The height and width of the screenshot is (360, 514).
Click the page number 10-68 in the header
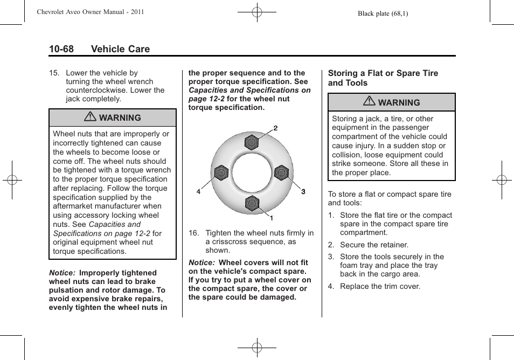[x=61, y=49]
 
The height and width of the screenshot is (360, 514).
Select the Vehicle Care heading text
[x=120, y=49]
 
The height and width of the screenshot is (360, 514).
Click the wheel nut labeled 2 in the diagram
[x=252, y=143]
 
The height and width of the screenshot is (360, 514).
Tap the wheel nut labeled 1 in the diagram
[x=252, y=204]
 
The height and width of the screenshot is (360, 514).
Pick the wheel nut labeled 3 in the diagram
[x=282, y=173]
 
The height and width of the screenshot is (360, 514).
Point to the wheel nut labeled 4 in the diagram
[x=221, y=173]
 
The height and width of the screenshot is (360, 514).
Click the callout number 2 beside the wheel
[x=275, y=128]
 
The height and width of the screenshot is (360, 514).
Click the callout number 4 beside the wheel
[x=198, y=192]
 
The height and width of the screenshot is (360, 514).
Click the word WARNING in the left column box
[x=120, y=117]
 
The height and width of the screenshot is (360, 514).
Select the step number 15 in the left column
[x=53, y=73]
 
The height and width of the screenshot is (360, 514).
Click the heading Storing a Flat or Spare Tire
[x=383, y=73]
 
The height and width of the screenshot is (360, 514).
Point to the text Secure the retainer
[x=374, y=245]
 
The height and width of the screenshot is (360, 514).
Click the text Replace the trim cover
[x=380, y=286]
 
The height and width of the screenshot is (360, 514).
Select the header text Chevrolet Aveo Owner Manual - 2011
[x=90, y=12]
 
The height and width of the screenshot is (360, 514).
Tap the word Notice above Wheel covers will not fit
[x=201, y=262]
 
